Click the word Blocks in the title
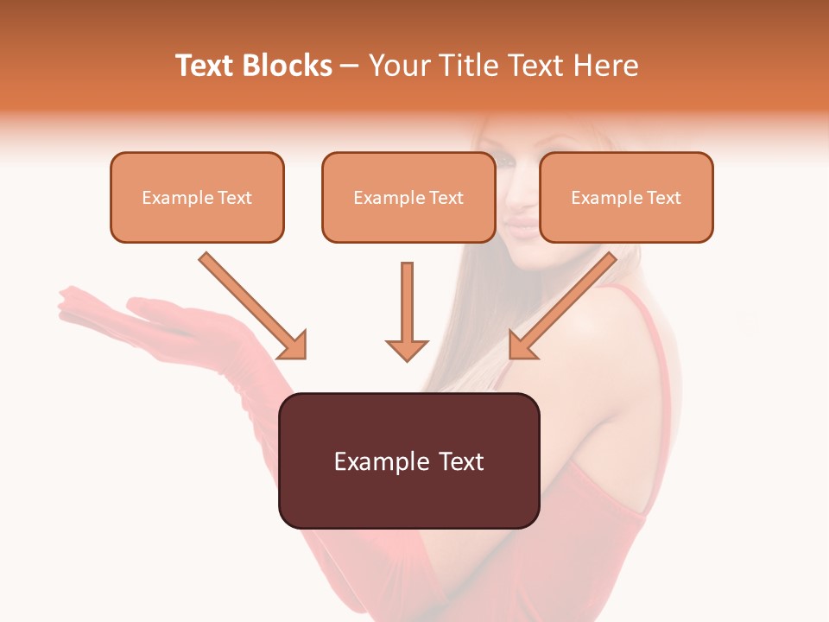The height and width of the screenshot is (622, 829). coord(287,66)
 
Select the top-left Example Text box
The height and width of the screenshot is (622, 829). coord(197,197)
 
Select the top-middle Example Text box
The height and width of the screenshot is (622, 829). coord(408,197)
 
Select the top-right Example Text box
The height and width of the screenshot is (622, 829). coord(626,197)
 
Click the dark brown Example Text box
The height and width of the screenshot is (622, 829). coord(408,460)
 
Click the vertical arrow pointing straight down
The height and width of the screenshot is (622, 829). coord(407,311)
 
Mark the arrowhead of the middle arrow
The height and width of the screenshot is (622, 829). coord(407,349)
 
